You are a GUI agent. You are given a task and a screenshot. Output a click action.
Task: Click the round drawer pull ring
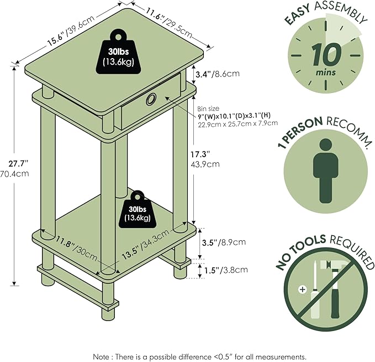151,99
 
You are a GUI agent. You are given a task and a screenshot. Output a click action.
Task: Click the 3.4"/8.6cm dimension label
218,74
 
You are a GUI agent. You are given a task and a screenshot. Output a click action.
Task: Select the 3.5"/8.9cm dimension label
224,242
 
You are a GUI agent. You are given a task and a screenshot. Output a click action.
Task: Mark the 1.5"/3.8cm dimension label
226,270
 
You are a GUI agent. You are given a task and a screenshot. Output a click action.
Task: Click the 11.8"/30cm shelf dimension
77,249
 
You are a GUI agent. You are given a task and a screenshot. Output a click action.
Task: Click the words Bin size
208,108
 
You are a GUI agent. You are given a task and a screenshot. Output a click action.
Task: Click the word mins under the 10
326,72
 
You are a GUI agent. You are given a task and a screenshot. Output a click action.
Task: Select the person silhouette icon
326,171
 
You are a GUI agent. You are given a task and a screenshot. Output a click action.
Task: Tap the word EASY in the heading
297,14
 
